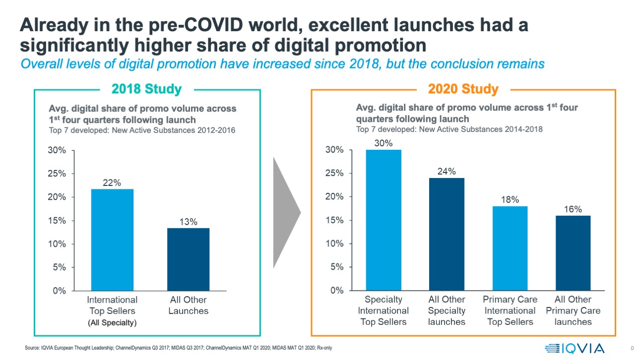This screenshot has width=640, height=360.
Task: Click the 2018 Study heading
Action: tap(147, 89)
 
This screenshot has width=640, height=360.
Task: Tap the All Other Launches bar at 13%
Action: tap(188, 259)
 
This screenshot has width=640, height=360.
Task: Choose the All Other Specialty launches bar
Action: tap(447, 234)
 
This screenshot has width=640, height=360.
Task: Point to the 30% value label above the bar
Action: tap(384, 143)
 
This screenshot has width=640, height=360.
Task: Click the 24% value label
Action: tap(447, 171)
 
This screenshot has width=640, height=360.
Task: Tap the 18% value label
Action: tap(510, 199)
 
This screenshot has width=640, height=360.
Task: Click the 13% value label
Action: tap(189, 222)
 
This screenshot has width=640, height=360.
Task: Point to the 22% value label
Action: tap(112, 182)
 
